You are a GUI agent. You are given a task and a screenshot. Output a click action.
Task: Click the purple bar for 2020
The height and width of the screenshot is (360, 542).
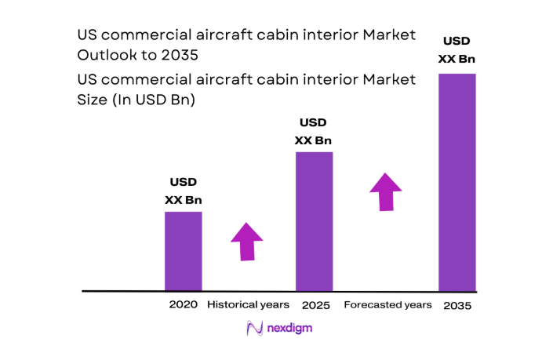point(183,251)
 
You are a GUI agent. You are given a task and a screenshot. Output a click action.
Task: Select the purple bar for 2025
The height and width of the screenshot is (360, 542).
point(314,221)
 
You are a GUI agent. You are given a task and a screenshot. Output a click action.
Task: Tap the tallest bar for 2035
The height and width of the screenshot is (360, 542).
point(457,182)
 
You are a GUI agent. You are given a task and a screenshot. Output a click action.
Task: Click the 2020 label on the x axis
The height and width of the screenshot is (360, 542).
point(183,304)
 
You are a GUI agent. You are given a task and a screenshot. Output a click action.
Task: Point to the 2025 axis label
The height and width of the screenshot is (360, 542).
point(314,304)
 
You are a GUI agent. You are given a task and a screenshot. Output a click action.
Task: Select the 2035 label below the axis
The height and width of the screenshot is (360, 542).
point(457,305)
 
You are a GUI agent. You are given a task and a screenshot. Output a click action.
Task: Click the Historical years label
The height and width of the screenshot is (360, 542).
point(248,304)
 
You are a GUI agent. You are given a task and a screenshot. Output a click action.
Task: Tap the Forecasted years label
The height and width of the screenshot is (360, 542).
point(387,304)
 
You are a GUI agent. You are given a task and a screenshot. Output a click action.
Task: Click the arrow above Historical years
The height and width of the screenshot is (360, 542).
point(248,241)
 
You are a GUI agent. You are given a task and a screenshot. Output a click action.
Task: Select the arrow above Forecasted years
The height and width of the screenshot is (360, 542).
point(385,191)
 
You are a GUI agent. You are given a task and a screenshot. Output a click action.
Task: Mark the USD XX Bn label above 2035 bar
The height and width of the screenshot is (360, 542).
point(457,49)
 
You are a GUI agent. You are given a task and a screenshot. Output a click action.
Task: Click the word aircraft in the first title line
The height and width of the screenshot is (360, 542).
point(209,35)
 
